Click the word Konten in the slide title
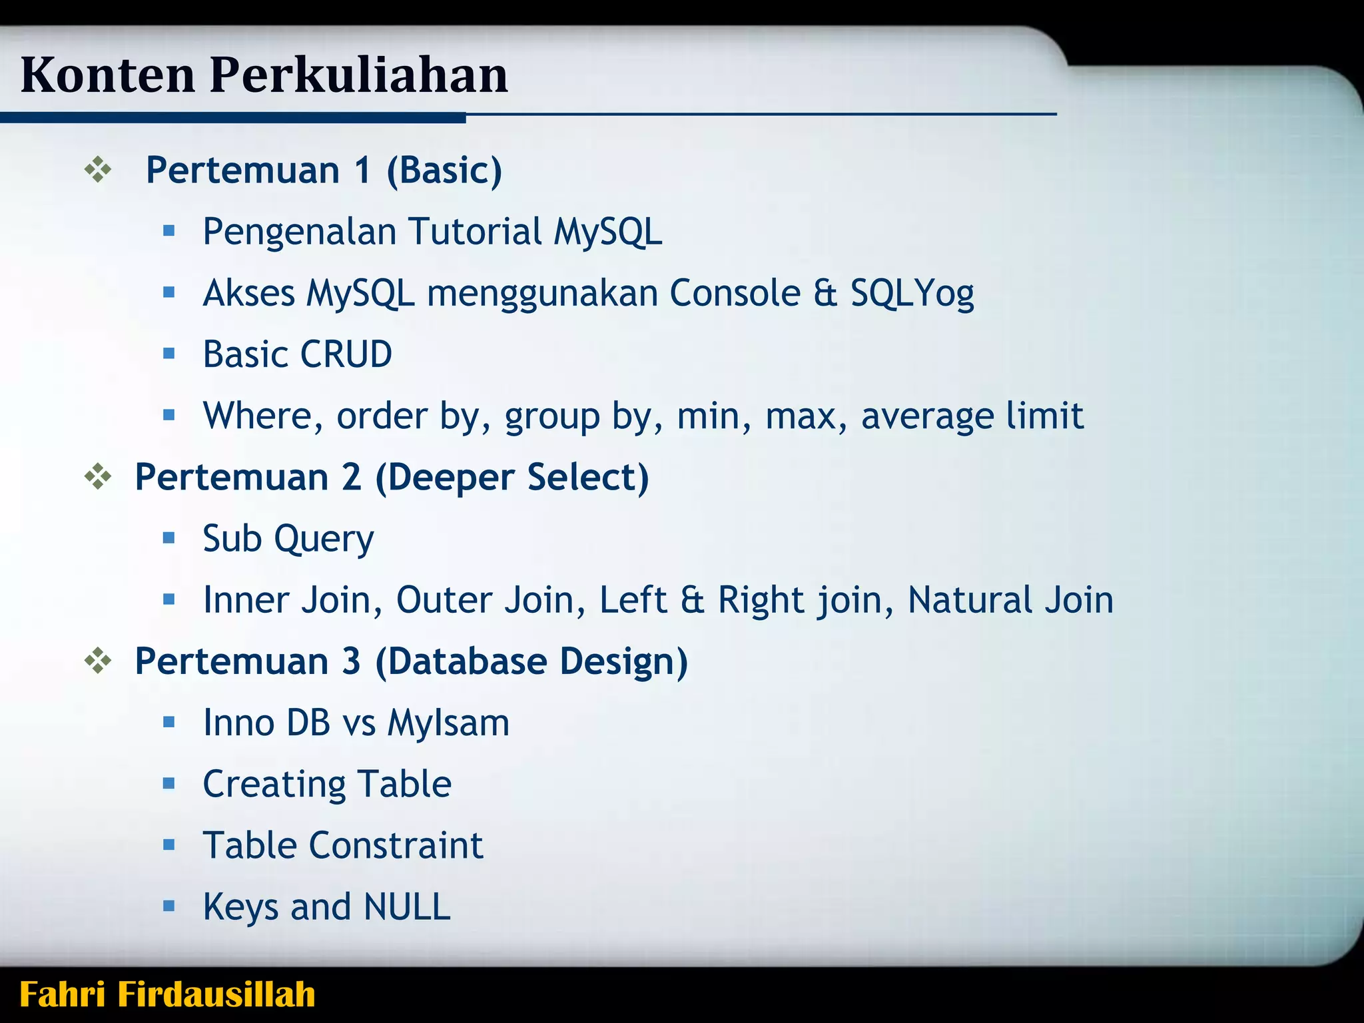pyautogui.click(x=108, y=75)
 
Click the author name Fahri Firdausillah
pyautogui.click(x=167, y=994)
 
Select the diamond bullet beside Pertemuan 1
pyautogui.click(x=98, y=170)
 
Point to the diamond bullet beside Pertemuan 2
pyautogui.click(x=98, y=477)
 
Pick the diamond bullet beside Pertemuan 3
pyautogui.click(x=98, y=661)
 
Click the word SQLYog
pyautogui.click(x=912, y=294)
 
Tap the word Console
pyautogui.click(x=735, y=293)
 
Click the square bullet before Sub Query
pyautogui.click(x=169, y=537)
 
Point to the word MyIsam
pyautogui.click(x=448, y=723)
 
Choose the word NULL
pyautogui.click(x=407, y=906)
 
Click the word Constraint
pyautogui.click(x=396, y=845)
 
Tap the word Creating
pyautogui.click(x=273, y=785)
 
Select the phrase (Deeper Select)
pyautogui.click(x=511, y=478)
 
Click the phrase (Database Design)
pyautogui.click(x=531, y=661)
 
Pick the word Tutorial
pyautogui.click(x=476, y=232)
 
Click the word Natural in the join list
pyautogui.click(x=970, y=599)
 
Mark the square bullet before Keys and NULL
pyautogui.click(x=169, y=906)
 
